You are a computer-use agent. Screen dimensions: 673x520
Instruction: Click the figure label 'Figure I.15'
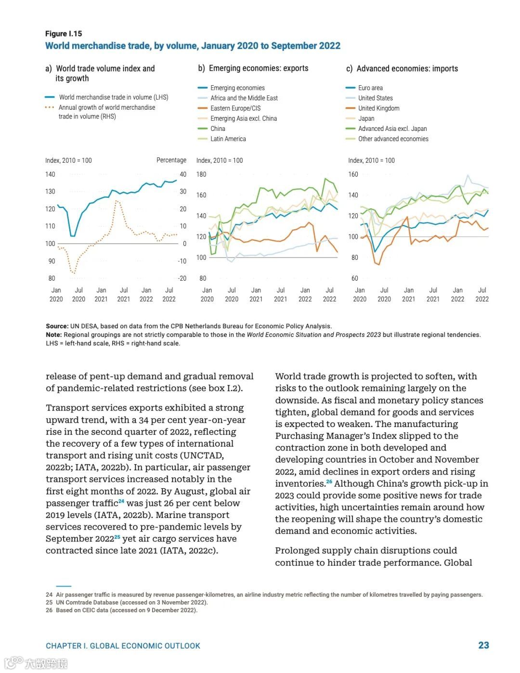(64, 34)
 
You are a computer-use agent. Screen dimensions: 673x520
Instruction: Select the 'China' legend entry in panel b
(218, 129)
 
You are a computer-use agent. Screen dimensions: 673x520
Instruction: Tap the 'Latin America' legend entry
(228, 139)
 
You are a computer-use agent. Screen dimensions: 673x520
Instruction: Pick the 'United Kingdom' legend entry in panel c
(378, 108)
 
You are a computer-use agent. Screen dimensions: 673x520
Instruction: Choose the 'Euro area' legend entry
(370, 88)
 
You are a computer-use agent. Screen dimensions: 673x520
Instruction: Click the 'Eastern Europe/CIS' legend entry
(235, 108)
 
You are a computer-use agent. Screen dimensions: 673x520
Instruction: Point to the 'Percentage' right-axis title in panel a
(171, 160)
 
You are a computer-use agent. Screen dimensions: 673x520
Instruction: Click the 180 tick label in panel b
(201, 174)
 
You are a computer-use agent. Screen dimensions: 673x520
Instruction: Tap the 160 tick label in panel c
(353, 174)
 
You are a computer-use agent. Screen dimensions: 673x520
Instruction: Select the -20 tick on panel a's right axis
(182, 278)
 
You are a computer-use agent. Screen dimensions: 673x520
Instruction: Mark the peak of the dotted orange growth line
(117, 201)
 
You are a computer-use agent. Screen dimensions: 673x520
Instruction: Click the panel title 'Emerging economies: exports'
(258, 68)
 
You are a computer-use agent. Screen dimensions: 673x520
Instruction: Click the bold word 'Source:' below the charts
(57, 326)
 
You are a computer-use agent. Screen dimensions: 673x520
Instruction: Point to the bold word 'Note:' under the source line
(53, 335)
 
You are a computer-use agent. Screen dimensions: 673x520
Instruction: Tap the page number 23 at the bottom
(483, 646)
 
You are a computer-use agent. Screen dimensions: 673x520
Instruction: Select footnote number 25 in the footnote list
(49, 602)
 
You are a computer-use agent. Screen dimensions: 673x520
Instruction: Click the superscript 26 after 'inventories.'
(329, 482)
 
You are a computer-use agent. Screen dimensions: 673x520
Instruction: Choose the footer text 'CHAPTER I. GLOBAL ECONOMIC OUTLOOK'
(123, 646)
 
